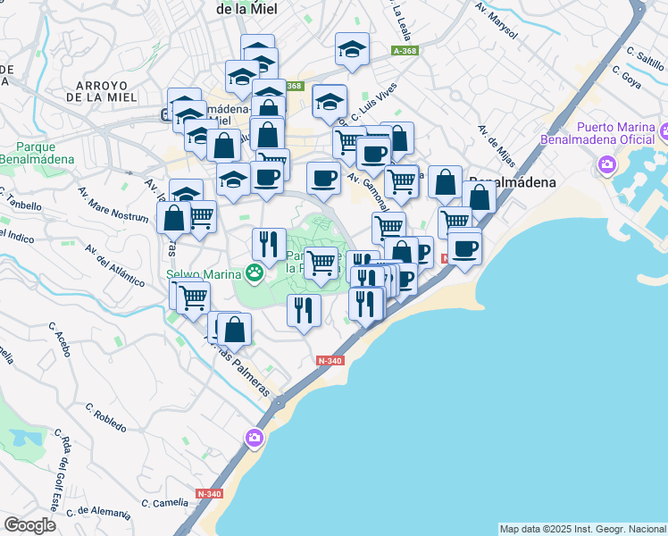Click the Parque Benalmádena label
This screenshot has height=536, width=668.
[x=37, y=153]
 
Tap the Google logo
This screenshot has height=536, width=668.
[x=30, y=525]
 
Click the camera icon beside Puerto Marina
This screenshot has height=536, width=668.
[x=607, y=164]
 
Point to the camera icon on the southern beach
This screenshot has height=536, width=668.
[x=255, y=437]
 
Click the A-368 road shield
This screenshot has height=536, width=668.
[x=405, y=51]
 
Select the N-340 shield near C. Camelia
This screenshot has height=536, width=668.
[x=210, y=494]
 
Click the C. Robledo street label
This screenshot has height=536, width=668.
[x=106, y=416]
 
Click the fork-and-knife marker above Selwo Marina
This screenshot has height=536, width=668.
[x=269, y=242]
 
